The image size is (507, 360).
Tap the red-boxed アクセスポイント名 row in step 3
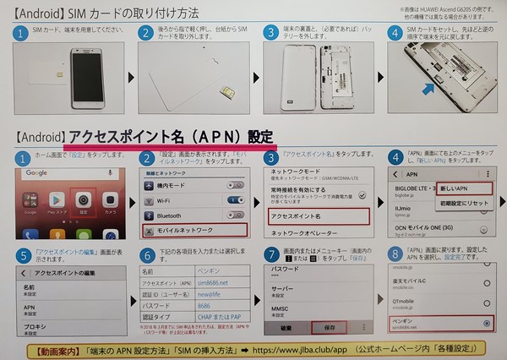coord(313,216)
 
